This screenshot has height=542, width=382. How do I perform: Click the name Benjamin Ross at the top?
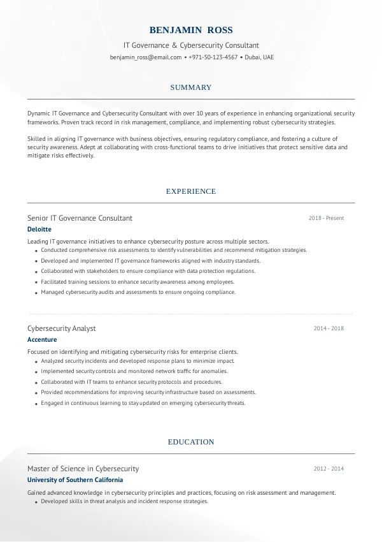[x=191, y=30]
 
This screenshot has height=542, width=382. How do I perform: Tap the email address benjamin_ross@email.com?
[x=146, y=57]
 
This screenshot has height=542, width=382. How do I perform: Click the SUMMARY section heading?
[x=191, y=87]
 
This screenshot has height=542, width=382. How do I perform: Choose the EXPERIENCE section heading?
[x=191, y=191]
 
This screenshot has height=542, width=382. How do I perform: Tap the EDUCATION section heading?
[x=191, y=442]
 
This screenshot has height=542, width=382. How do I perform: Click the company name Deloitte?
[x=39, y=230]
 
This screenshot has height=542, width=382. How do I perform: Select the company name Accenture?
[x=42, y=340]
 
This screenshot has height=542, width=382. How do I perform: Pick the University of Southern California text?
[x=75, y=480]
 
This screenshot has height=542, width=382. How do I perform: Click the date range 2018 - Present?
[x=326, y=218]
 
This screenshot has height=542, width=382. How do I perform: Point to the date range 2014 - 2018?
[x=329, y=328]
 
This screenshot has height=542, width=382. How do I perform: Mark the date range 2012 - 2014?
[x=329, y=469]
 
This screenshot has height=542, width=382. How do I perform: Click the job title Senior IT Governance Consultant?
[x=80, y=218]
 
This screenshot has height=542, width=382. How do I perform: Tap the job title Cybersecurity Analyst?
[x=62, y=328]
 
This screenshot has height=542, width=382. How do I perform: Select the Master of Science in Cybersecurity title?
[x=83, y=469]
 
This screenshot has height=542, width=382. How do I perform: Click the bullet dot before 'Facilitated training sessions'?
[x=34, y=282]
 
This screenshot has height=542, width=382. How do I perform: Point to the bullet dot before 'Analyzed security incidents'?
[x=34, y=361]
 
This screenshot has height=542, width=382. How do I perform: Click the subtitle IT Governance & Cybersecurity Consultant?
[x=191, y=45]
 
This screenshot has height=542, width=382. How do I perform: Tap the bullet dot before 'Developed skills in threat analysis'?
[x=34, y=502]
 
